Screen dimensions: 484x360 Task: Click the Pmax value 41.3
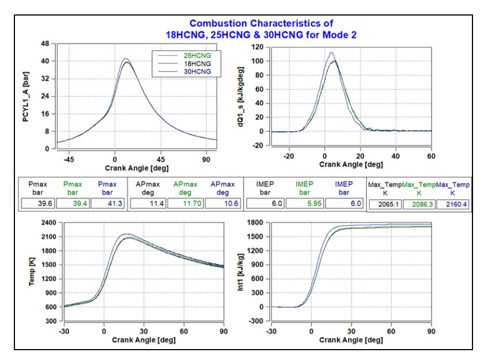click(115, 203)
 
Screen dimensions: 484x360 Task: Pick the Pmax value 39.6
click(45, 203)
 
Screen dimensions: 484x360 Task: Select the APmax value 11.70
click(192, 203)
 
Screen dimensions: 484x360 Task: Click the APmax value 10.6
click(231, 203)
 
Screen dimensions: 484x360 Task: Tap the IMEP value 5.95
click(314, 203)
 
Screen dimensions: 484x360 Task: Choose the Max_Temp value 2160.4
click(456, 204)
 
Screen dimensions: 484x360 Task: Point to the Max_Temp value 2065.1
click(388, 204)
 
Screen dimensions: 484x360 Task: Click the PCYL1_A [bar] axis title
click(25, 97)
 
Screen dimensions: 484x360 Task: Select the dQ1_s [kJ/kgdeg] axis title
click(240, 97)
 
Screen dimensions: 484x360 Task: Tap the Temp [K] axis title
click(32, 271)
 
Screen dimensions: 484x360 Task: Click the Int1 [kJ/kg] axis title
click(240, 272)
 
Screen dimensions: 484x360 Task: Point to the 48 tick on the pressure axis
click(45, 44)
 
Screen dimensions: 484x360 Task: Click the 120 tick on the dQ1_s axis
click(258, 47)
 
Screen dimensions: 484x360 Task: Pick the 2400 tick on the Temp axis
click(49, 222)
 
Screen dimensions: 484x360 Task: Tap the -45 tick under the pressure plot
click(69, 160)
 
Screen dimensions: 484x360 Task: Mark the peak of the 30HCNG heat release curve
click(332, 52)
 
